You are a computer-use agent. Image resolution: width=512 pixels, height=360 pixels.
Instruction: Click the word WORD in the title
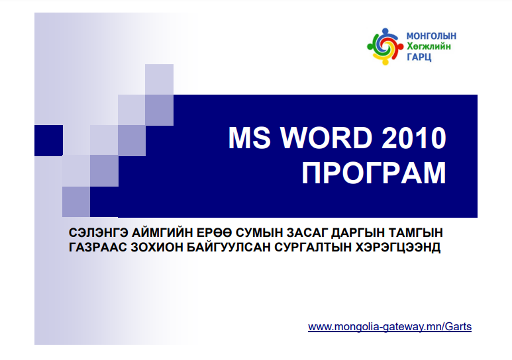pos(327,138)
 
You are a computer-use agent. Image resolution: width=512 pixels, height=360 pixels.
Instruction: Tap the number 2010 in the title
pos(414,138)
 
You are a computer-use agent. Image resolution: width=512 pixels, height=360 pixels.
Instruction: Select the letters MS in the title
pos(250,138)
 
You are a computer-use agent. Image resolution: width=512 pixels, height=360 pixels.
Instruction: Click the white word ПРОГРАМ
pos(374,173)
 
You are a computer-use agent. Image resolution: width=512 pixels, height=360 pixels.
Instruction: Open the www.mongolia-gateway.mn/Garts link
pos(389,327)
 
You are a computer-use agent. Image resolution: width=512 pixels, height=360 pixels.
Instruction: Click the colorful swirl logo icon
pos(385,46)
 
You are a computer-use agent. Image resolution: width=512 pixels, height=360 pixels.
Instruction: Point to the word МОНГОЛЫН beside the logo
pos(431,36)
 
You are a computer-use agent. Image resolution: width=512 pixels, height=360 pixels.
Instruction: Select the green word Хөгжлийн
pos(429,46)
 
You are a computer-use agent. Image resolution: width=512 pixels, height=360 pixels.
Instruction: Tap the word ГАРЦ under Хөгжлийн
pos(419,57)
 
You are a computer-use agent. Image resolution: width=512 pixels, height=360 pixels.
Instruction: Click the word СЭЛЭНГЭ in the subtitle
pos(98,233)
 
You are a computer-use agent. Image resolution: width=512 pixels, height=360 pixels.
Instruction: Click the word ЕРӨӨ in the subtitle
pos(213,233)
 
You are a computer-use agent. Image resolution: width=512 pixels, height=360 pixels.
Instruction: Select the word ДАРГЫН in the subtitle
pos(357,233)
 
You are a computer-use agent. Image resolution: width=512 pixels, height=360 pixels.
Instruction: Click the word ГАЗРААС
pos(97,247)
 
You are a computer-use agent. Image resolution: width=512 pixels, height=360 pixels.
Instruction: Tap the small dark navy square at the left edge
pos(48,140)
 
